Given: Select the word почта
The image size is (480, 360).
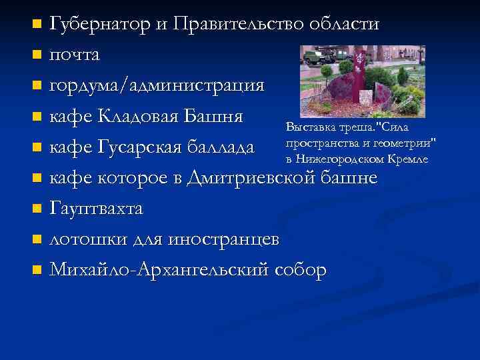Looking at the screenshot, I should tap(75, 55).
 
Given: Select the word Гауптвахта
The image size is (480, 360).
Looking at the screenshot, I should tap(97, 209).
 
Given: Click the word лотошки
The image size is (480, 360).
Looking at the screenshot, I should tap(84, 239).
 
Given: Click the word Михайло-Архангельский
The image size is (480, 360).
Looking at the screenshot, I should tap(160, 270).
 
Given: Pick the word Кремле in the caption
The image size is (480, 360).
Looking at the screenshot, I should tap(410, 159).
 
